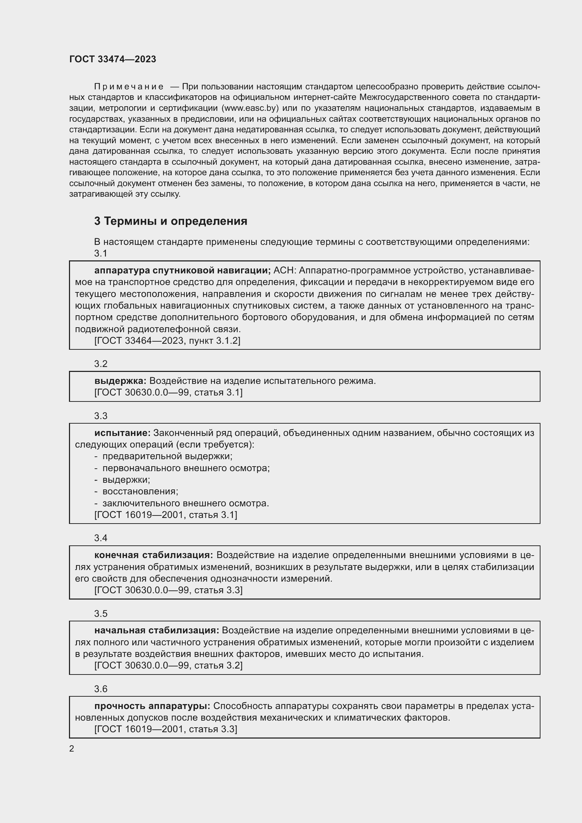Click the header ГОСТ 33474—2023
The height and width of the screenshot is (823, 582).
click(x=113, y=59)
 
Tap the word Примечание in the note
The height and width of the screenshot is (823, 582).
click(x=129, y=87)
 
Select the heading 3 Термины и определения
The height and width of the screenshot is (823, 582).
click(x=171, y=221)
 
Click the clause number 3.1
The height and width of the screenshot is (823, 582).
click(x=101, y=253)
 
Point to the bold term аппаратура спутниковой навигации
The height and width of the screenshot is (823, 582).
click(x=182, y=271)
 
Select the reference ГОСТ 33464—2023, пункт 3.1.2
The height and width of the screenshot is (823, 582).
click(x=167, y=341)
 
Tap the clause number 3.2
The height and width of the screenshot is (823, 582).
click(x=101, y=364)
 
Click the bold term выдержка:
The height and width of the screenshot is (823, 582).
click(x=120, y=381)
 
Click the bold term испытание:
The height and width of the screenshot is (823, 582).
click(x=122, y=433)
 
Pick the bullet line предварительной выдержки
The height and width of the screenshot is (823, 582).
click(x=167, y=456)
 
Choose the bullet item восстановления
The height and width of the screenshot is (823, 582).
click(x=140, y=492)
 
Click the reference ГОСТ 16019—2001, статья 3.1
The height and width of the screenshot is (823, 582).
click(x=166, y=515)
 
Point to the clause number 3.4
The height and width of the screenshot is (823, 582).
click(x=101, y=538)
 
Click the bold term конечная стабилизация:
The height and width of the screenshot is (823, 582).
click(x=153, y=555)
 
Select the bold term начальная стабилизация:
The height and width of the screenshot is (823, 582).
click(x=156, y=631)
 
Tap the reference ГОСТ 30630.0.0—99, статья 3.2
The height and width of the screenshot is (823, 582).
click(x=168, y=666)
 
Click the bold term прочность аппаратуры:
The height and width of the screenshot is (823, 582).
click(x=152, y=706)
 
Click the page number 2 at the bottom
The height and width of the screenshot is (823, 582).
click(x=72, y=749)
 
